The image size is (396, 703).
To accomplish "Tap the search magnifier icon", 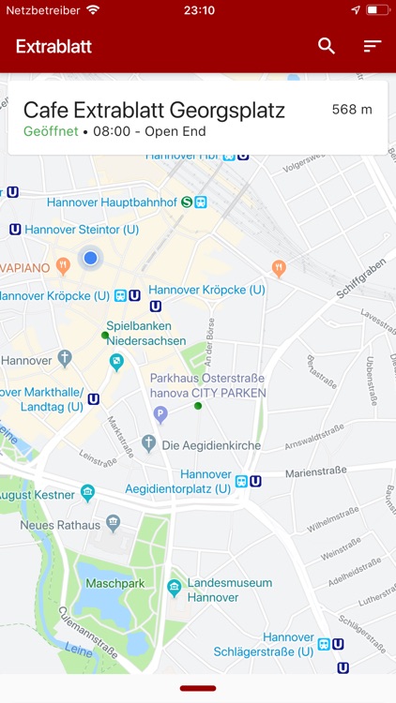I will tap(327, 46).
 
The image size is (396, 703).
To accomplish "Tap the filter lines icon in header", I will tap(373, 46).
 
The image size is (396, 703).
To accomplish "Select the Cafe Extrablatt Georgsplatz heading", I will tap(154, 110).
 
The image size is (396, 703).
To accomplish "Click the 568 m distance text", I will tap(352, 110).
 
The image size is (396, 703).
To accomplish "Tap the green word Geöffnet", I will tap(51, 132).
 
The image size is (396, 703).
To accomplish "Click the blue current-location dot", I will tap(90, 257).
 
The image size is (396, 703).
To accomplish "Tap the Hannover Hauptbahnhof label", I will tap(112, 202).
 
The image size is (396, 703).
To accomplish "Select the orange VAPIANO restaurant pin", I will tap(63, 265).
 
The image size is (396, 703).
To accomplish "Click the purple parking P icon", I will tap(160, 413).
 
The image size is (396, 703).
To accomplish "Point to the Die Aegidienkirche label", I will tap(211, 445).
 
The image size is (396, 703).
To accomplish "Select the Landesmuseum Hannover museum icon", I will tap(174, 588).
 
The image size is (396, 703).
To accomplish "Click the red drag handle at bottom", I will tap(198, 688).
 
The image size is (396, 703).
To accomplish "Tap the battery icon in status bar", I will tap(377, 10).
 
